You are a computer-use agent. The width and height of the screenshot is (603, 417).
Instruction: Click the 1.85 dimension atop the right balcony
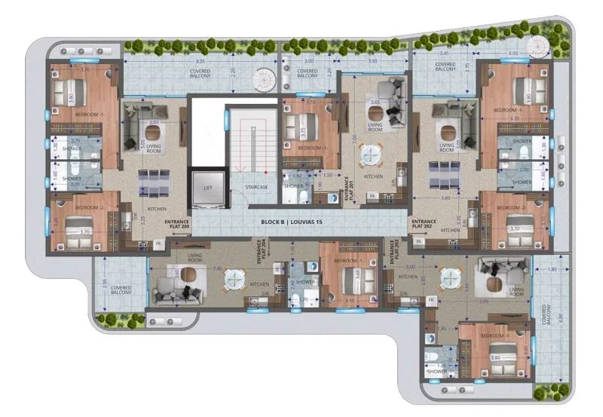(x=553, y=269)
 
